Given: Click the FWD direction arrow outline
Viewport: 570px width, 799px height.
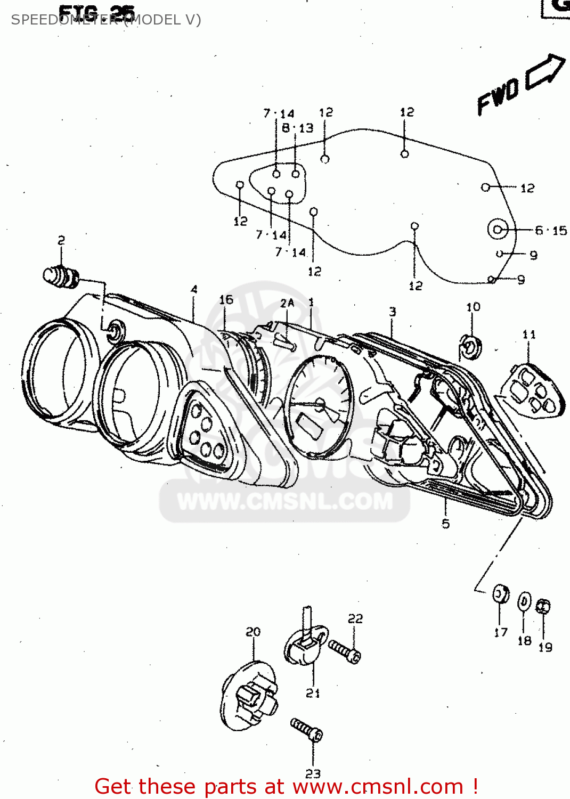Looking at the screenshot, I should click(544, 72).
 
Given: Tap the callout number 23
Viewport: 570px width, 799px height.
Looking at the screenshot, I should click(313, 773).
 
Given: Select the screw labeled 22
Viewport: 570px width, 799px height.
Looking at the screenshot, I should click(344, 650).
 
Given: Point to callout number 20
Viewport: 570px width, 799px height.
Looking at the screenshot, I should click(253, 632).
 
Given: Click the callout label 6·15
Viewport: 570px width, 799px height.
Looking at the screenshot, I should click(551, 231).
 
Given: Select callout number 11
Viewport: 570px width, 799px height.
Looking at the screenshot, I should click(529, 335).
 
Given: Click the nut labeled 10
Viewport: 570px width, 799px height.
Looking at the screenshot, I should click(471, 347).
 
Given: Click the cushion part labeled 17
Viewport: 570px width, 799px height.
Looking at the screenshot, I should click(500, 593).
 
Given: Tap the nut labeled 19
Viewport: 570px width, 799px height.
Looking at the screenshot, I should click(543, 606).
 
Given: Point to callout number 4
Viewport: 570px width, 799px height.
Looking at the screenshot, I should click(194, 289).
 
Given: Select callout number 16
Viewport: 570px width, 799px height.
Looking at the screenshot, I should click(226, 300).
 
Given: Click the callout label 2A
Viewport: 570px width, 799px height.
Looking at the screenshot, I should click(287, 303).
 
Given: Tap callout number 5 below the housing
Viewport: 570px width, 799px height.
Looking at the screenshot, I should click(446, 524).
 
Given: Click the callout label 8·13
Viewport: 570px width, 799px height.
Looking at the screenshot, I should click(298, 128).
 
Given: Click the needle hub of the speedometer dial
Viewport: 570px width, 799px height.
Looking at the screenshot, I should click(320, 403).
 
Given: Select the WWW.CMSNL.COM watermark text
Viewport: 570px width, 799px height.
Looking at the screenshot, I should click(285, 501).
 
